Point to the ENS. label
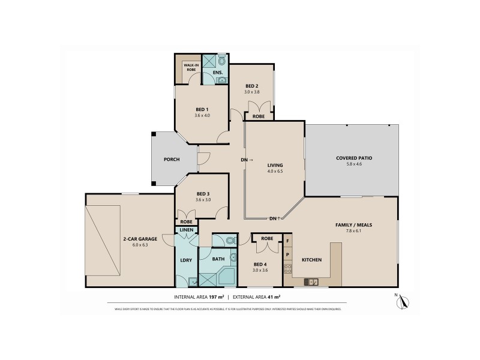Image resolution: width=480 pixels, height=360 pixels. point(217,73)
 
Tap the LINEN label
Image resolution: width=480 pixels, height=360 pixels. point(186,230)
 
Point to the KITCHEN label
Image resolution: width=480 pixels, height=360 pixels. point(311,260)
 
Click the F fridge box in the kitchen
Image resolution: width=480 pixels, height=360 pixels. point(287,241)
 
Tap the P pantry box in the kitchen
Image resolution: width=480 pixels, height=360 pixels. point(287,254)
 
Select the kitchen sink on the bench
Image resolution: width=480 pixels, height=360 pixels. point(312,281)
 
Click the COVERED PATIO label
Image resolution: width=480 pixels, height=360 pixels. point(353,158)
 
